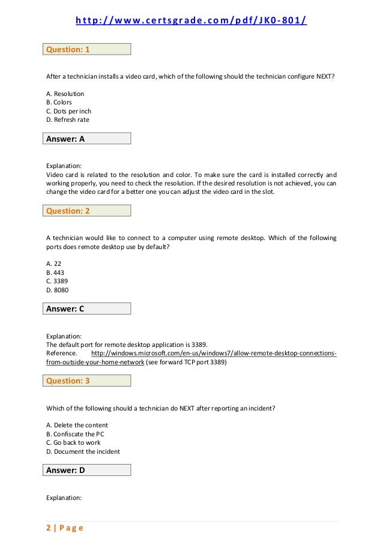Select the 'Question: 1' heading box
click(x=88, y=50)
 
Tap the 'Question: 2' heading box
click(x=88, y=211)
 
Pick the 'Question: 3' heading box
click(x=88, y=381)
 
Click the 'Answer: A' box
click(x=88, y=139)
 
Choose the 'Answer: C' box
click(x=88, y=309)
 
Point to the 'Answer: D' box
click(x=88, y=470)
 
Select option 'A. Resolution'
click(x=65, y=94)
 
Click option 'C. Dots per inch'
click(x=68, y=111)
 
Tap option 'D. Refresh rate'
click(x=67, y=119)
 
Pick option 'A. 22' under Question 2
click(x=54, y=263)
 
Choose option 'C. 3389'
click(x=57, y=281)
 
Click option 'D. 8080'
click(x=58, y=290)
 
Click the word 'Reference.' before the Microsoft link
click(x=62, y=354)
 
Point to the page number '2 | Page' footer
click(x=65, y=528)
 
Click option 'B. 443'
click(x=55, y=273)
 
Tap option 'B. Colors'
click(x=59, y=102)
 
